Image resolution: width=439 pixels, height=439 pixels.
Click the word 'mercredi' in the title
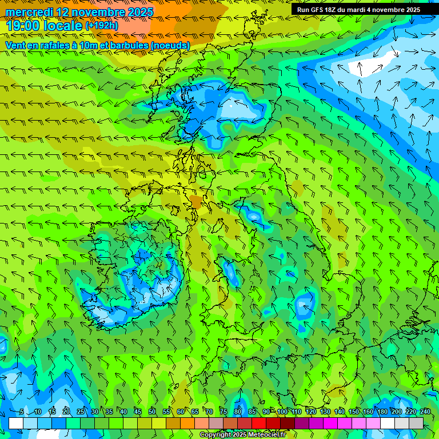pos(29,12)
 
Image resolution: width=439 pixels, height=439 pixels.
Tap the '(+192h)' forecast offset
pos(102,26)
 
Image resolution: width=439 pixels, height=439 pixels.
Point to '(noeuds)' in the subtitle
pos(168,45)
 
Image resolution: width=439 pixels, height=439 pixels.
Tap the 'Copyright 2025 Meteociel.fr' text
pos(243,435)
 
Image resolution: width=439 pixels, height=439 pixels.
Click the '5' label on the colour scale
pos(22,412)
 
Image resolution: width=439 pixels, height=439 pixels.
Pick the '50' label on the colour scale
pos(152,412)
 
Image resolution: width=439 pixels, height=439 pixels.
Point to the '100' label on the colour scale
pos(282,412)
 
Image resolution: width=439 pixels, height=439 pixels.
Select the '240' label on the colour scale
pos(425,412)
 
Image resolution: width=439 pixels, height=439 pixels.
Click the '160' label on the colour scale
pos(368,412)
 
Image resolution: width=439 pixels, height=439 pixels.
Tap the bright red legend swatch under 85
pos(259,423)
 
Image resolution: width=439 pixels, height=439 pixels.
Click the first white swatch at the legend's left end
pos(16,423)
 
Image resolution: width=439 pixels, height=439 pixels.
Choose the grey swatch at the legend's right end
pos(416,423)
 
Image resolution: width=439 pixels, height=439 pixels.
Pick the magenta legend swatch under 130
pos(330,423)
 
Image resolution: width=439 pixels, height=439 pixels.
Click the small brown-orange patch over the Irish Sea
pos(196,202)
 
